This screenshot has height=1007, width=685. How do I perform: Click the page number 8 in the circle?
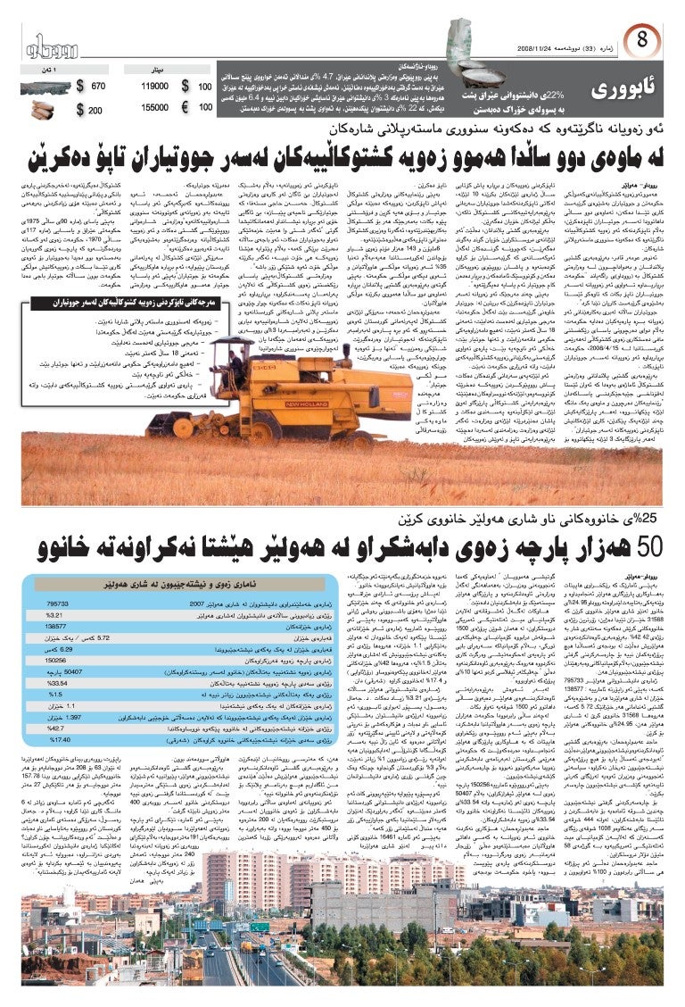coord(642,39)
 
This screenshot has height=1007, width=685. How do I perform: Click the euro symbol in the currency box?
coord(186,107)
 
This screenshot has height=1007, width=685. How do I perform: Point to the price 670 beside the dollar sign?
coord(98,87)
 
